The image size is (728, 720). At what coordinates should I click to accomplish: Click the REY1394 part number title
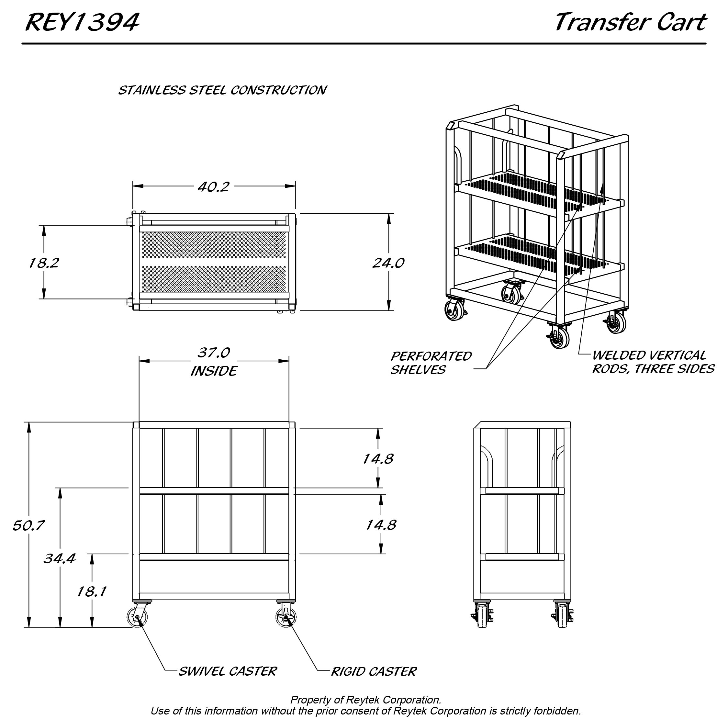[82, 23]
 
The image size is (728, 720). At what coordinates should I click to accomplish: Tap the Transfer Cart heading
[630, 23]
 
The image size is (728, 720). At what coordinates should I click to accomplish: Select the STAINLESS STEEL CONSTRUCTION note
[222, 90]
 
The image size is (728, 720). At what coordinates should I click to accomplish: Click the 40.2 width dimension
[214, 186]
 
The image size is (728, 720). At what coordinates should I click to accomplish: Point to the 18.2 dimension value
[44, 263]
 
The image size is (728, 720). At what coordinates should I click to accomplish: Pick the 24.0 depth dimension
[388, 263]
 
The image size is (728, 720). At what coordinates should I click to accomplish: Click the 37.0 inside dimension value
[214, 353]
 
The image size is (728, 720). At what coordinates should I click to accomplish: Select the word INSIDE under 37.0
[214, 371]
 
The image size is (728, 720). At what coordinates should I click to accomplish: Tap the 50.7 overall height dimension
[28, 525]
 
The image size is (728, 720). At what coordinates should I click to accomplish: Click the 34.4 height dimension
[60, 558]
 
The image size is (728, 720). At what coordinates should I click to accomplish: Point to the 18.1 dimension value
[92, 592]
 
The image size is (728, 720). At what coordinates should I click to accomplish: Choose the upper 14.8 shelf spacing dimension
[378, 459]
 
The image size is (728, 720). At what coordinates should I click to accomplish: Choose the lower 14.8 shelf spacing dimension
[381, 525]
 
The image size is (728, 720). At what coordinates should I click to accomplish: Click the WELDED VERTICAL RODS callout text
[653, 362]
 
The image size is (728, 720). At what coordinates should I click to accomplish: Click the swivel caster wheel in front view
[138, 617]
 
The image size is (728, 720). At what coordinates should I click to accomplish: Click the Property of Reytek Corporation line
[365, 700]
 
